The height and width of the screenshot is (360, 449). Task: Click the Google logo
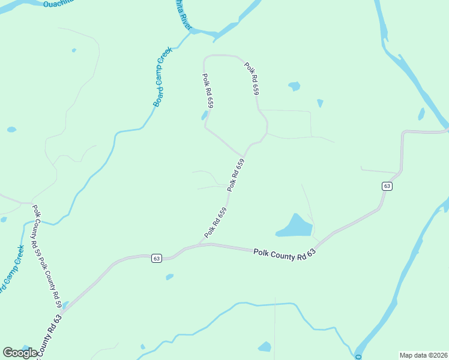point(20,353)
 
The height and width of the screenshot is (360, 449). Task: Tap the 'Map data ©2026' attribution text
point(423,355)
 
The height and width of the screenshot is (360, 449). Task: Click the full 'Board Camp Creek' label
point(163,77)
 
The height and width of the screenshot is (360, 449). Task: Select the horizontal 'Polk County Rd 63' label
point(284,254)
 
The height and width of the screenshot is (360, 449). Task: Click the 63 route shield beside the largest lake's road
point(387,187)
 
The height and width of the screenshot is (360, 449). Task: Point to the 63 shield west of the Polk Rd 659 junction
point(157,258)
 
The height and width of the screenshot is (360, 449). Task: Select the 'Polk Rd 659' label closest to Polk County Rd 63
point(215,222)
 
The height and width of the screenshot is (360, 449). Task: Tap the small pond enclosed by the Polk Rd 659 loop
point(205,115)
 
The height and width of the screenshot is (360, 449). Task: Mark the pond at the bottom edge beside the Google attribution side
point(265,346)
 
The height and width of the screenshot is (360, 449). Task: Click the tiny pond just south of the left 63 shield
point(169,277)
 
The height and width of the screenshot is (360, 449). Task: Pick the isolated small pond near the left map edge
point(11,129)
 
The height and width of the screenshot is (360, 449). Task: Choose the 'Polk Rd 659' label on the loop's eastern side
point(252,79)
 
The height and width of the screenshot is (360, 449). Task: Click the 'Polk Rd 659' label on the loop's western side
point(208,91)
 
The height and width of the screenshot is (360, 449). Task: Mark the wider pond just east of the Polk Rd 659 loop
point(294,86)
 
